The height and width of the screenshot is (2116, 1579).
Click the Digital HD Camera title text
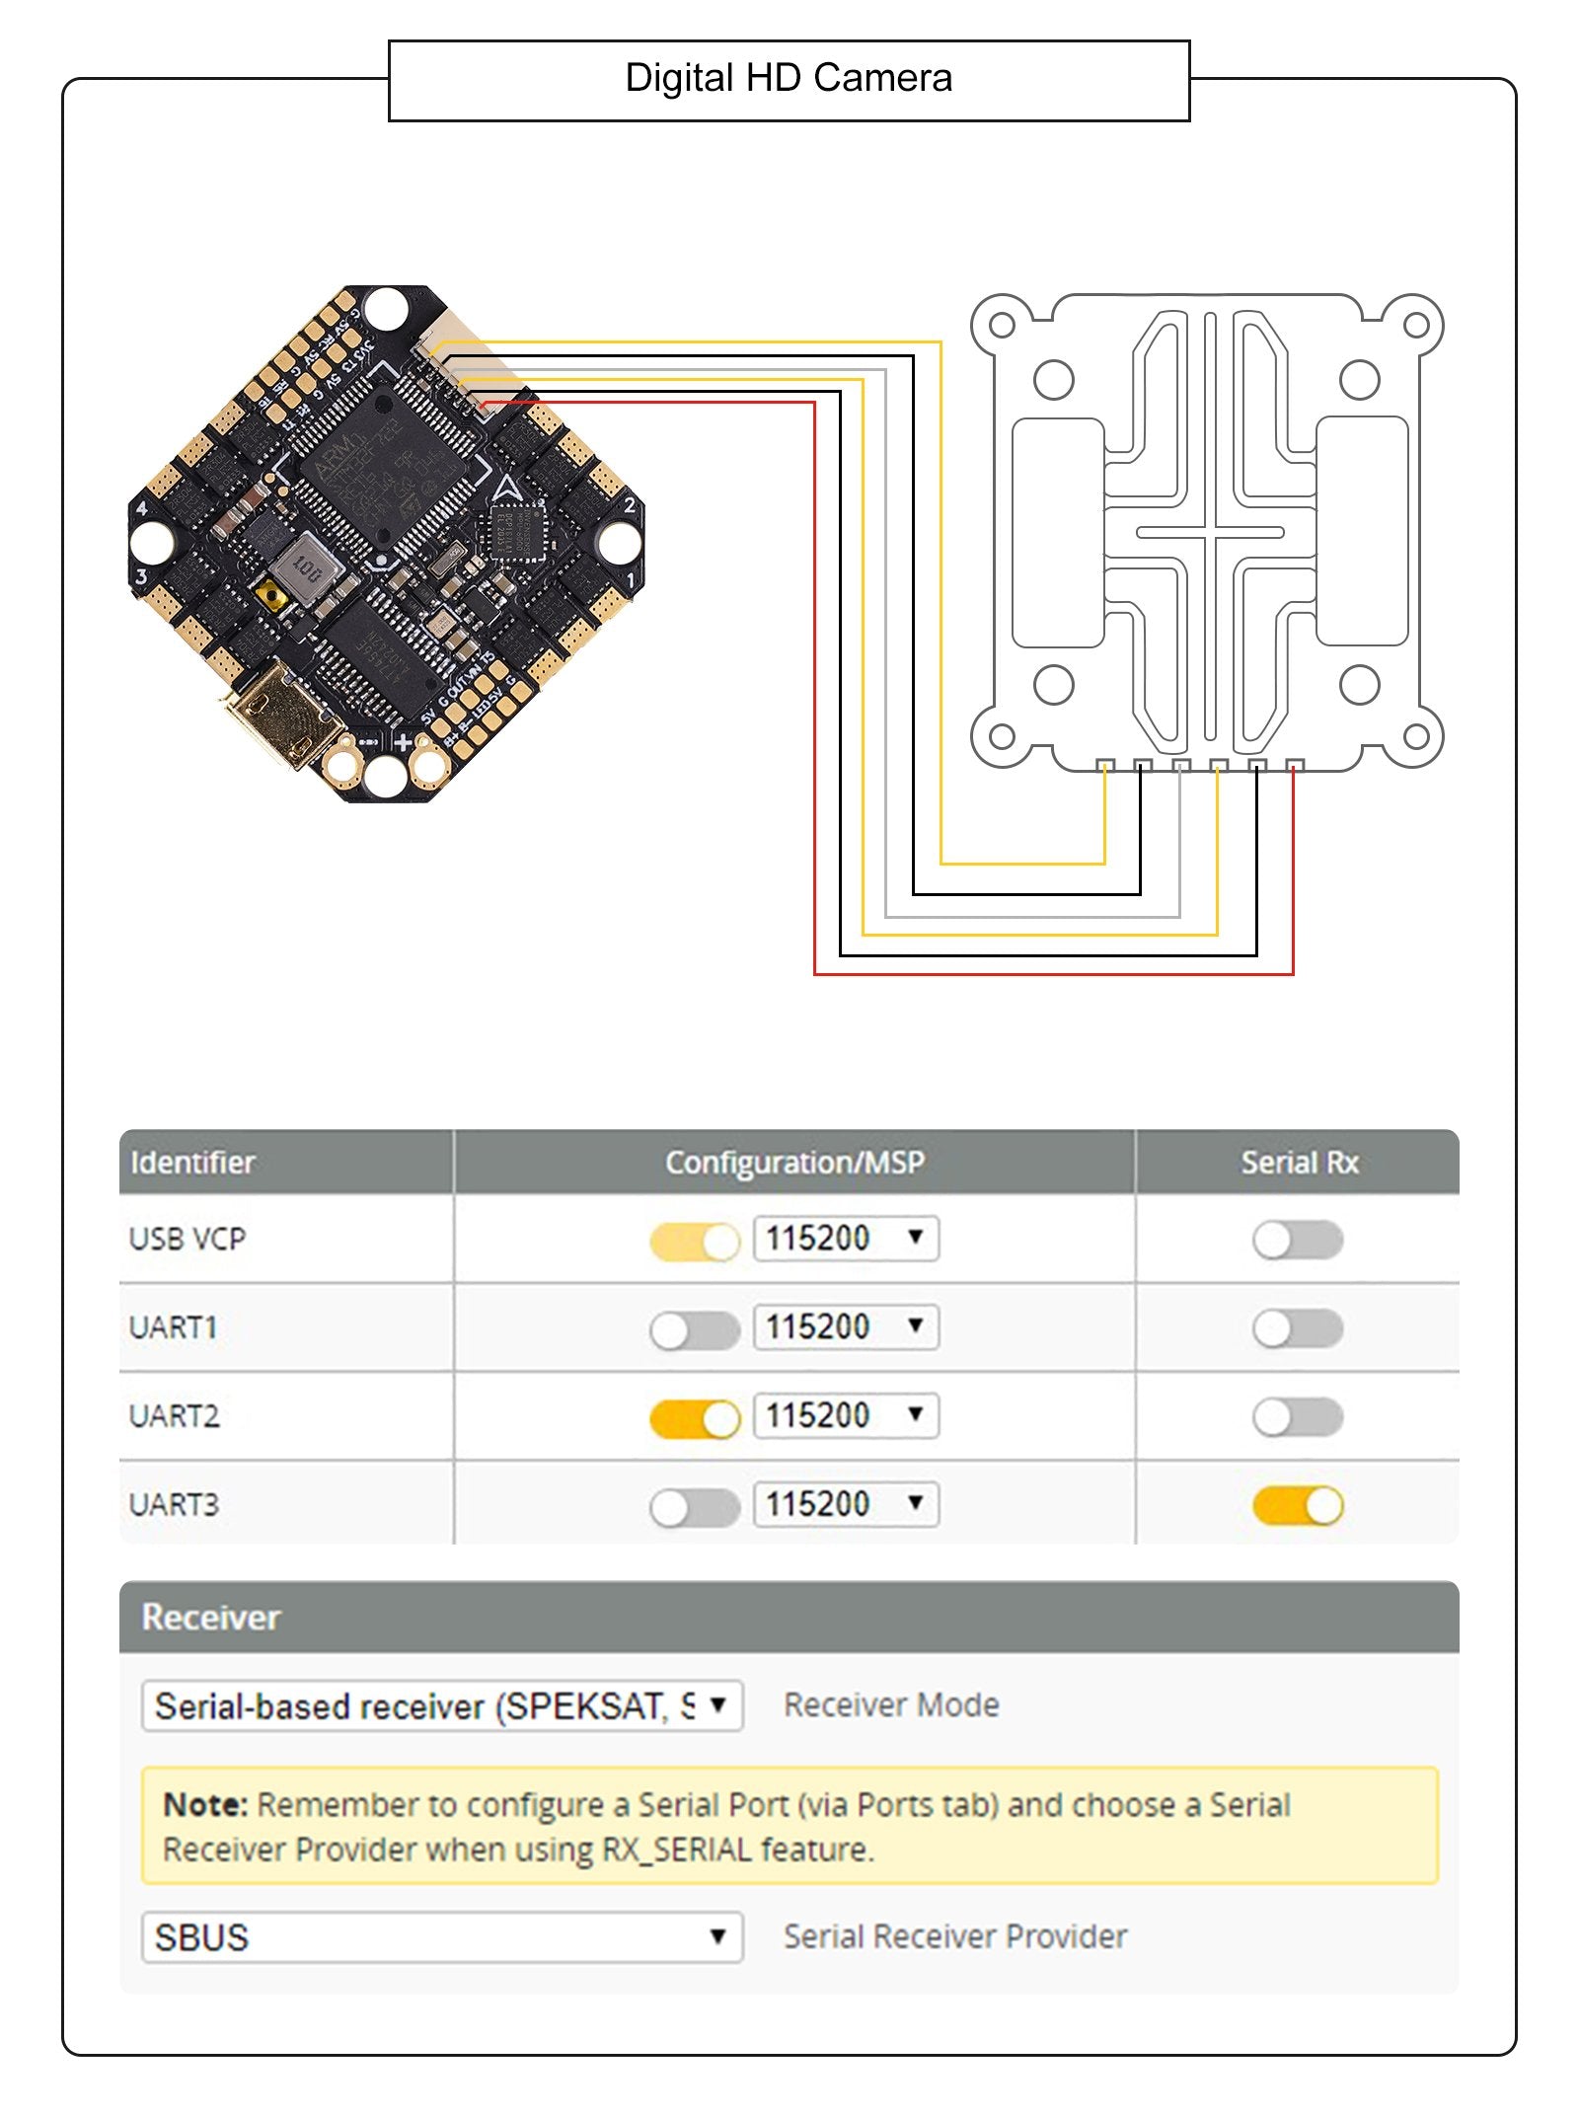789,79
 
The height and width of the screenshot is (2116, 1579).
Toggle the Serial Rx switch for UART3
1297,1506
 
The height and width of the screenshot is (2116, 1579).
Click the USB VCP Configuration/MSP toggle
695,1242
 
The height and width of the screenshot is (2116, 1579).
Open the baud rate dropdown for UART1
846,1326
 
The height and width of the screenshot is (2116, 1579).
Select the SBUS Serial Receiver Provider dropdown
441,1937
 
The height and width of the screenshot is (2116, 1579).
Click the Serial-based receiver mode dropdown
441,1706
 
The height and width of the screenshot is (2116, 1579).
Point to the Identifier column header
193,1163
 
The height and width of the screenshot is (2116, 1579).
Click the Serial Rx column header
1299,1163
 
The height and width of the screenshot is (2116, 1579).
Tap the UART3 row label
175,1505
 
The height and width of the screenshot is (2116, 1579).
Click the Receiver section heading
211,1618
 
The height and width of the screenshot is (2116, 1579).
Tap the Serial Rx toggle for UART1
1297,1328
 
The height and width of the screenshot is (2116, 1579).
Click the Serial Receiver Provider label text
955,1936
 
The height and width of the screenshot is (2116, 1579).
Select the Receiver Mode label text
891,1705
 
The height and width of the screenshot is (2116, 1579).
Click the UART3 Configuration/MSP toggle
695,1507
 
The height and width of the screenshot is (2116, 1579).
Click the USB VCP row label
188,1239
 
